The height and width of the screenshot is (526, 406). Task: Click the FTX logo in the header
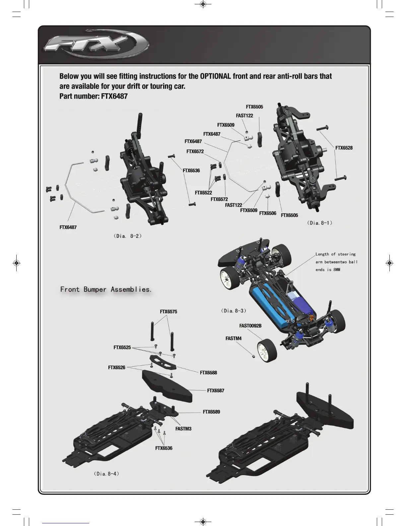[x=97, y=44]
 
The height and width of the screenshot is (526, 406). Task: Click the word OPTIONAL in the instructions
[x=215, y=76]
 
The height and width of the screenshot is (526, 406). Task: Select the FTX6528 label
[x=344, y=148]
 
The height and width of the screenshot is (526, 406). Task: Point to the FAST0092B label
[x=250, y=326]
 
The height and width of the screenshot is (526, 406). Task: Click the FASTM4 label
[x=233, y=338]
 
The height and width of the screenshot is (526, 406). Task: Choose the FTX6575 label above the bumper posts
[x=168, y=311]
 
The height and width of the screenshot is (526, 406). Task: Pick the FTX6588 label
[x=208, y=373]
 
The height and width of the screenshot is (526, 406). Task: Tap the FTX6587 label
[x=216, y=391]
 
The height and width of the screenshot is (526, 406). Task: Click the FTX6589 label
[x=211, y=412]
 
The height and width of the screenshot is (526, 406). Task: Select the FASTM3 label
[x=183, y=429]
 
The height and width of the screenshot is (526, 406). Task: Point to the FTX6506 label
[x=267, y=213]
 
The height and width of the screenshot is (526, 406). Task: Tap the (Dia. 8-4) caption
[x=106, y=474]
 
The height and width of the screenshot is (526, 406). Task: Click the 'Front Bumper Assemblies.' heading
[x=106, y=289]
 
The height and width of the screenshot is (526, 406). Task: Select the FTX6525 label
[x=122, y=347]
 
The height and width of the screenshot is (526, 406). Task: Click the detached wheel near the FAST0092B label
[x=267, y=350]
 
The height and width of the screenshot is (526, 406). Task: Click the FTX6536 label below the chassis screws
[x=164, y=448]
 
